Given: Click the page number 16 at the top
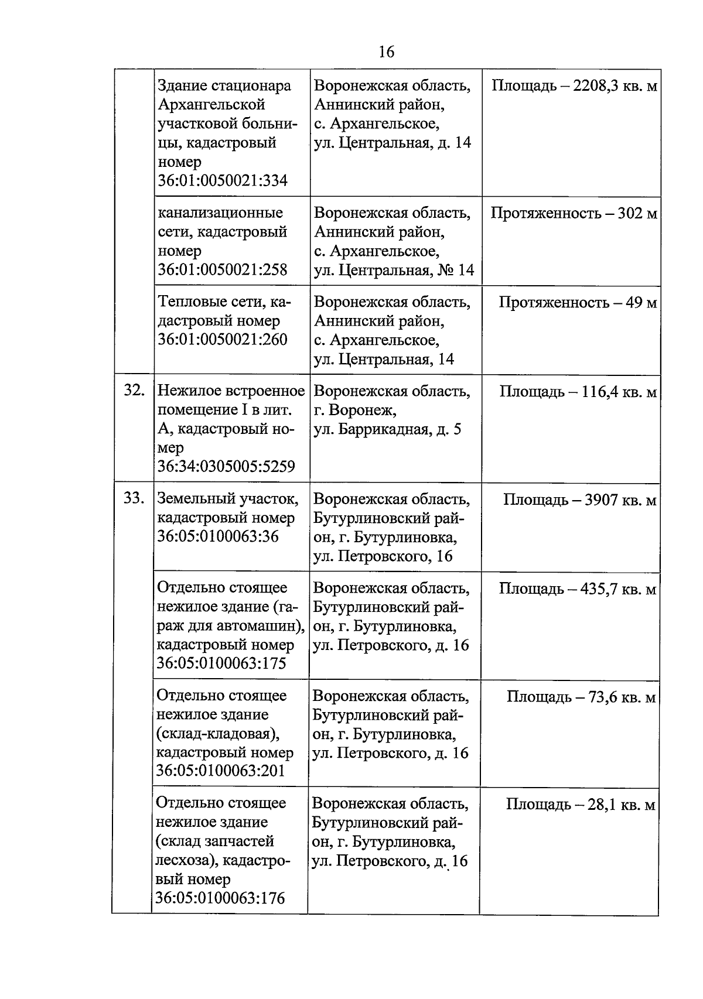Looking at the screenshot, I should pyautogui.click(x=386, y=52).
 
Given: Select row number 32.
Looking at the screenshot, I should pyautogui.click(x=134, y=391).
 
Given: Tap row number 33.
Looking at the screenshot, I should pyautogui.click(x=134, y=498).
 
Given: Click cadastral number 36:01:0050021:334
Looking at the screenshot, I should pyautogui.click(x=223, y=180).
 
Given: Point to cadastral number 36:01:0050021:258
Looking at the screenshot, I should pyautogui.click(x=223, y=270).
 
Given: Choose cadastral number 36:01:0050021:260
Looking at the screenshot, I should pyautogui.click(x=223, y=340).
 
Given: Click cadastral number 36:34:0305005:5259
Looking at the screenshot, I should pyautogui.click(x=226, y=467).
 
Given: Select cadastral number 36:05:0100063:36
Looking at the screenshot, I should pyautogui.click(x=217, y=536).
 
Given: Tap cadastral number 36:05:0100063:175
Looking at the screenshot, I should pyautogui.click(x=221, y=663).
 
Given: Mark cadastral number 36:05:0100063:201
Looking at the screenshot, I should pyautogui.click(x=221, y=771).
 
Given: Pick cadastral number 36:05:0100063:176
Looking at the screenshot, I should pyautogui.click(x=221, y=898).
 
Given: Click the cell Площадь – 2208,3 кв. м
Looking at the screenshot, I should pyautogui.click(x=574, y=87).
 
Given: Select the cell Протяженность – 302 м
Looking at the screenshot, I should pyautogui.click(x=574, y=213).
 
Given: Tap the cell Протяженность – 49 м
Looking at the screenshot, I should pyautogui.click(x=577, y=303).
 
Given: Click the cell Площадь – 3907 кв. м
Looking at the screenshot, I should pyautogui.click(x=579, y=500).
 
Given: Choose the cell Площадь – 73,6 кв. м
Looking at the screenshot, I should pyautogui.click(x=581, y=697).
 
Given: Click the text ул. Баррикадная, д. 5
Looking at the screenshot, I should pyautogui.click(x=387, y=429).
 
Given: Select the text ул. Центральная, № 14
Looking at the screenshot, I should pyautogui.click(x=394, y=271).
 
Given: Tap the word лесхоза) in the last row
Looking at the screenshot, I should pyautogui.click(x=187, y=860).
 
